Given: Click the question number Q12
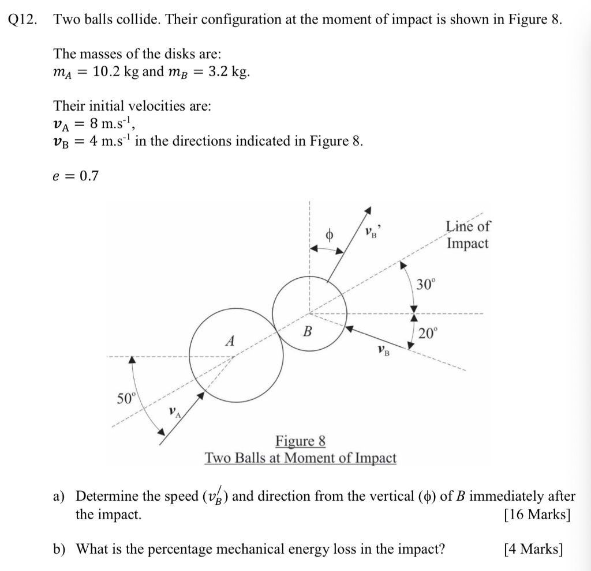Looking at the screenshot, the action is click(21, 19).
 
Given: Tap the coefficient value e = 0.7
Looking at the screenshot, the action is click(76, 176).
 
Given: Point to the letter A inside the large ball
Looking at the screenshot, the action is click(230, 341).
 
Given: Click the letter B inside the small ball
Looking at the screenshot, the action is click(308, 332).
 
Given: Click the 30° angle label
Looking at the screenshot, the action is click(428, 283).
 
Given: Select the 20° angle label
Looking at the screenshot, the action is click(428, 333).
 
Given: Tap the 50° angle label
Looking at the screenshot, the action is click(125, 398).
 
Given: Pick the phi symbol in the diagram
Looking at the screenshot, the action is click(330, 235).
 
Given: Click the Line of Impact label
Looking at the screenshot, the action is click(467, 235).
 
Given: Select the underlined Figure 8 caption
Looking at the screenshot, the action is click(300, 441).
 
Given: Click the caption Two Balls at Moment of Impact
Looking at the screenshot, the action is click(300, 458).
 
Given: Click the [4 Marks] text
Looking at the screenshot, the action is click(533, 549).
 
